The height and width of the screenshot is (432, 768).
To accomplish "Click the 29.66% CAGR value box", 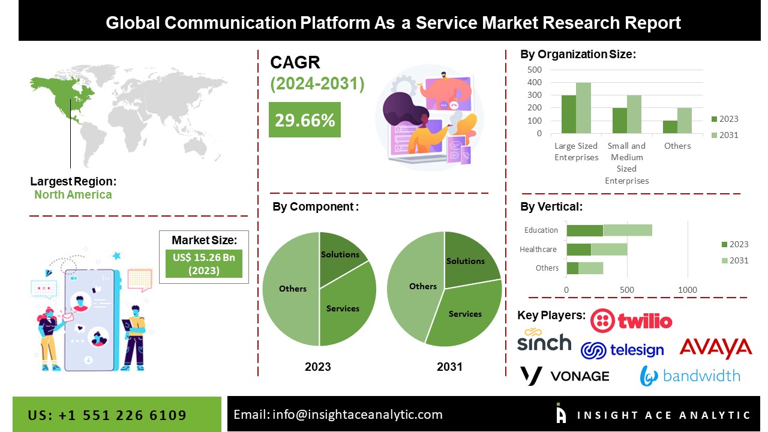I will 304,120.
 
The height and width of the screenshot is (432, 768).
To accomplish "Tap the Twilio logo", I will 631,321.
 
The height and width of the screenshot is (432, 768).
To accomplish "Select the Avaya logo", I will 715,347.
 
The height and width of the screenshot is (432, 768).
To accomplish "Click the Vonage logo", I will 564,376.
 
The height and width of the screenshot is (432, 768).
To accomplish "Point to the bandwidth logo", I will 690,376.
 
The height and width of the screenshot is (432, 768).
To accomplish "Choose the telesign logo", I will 622,350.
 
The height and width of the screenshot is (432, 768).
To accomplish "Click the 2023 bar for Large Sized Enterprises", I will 569,114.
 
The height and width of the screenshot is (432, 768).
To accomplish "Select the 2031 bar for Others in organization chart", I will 685,121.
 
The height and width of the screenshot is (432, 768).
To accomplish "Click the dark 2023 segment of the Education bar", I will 584,230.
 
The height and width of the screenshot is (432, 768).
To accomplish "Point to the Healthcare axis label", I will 538,249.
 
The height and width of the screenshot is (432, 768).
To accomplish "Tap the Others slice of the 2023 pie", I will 291,289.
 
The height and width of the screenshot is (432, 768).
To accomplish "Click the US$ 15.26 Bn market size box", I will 204,264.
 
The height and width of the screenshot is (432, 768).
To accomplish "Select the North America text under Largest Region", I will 73,194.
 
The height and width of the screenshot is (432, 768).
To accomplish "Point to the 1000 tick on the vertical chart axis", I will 688,290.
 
